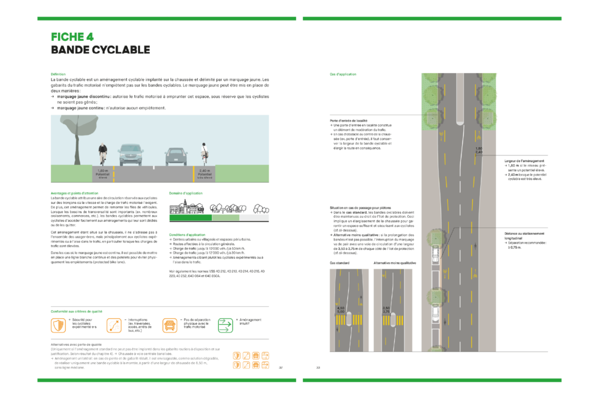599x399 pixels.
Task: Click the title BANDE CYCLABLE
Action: click(101, 50)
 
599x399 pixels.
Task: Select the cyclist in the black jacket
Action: click(103, 153)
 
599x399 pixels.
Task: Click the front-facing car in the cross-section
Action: click(130, 154)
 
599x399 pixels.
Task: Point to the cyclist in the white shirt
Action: click(205, 152)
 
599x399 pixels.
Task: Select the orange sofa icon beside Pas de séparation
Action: click(170, 325)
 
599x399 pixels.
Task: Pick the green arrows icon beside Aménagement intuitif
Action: click(225, 325)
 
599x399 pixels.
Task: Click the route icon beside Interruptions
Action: click(114, 325)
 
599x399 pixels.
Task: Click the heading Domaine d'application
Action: click(185, 192)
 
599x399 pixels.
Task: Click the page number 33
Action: click(318, 367)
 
